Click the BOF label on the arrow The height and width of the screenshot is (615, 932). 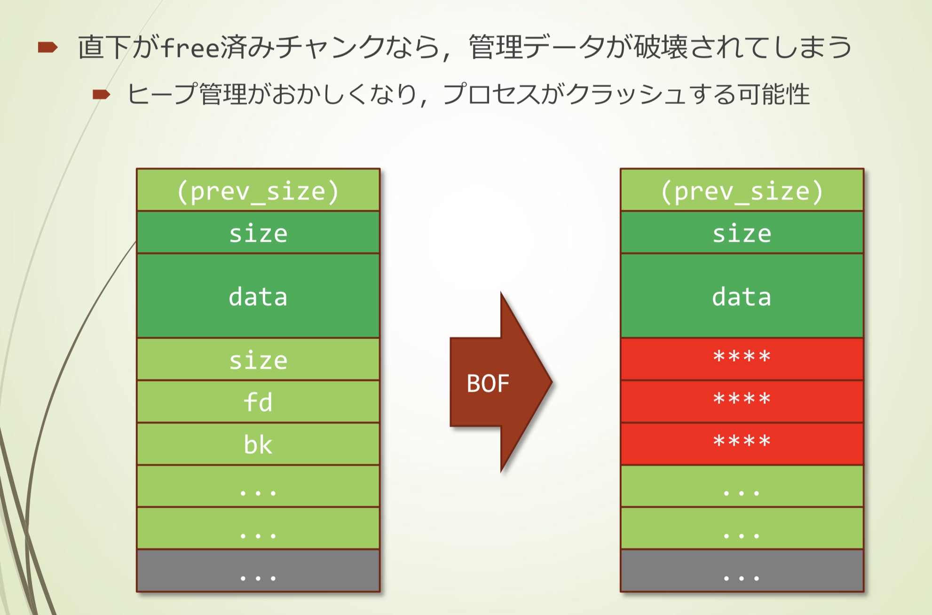[x=488, y=383]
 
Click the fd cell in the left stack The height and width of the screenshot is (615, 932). [x=258, y=402]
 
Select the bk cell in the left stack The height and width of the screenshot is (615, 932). [x=258, y=444]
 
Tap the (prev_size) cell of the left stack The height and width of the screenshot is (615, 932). [x=258, y=190]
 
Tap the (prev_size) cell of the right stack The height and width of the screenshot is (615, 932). [x=742, y=190]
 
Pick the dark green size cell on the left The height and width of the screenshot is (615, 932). [x=258, y=233]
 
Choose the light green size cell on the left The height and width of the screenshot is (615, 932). [x=258, y=360]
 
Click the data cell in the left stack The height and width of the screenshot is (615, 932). [x=258, y=296]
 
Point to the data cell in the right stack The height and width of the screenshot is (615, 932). [x=742, y=296]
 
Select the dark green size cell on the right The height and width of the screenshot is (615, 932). [x=742, y=233]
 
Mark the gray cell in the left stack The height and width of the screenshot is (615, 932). [x=258, y=570]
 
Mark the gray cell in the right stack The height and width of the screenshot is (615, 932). [x=742, y=570]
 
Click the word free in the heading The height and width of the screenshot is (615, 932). [x=190, y=47]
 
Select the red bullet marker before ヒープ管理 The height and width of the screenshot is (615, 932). [x=101, y=95]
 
